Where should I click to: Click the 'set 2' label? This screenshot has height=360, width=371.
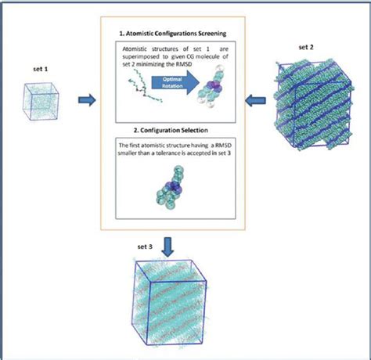point(308,46)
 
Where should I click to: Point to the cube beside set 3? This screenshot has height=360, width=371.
point(175,303)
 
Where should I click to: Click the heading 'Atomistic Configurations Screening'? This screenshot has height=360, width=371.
point(173,35)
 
